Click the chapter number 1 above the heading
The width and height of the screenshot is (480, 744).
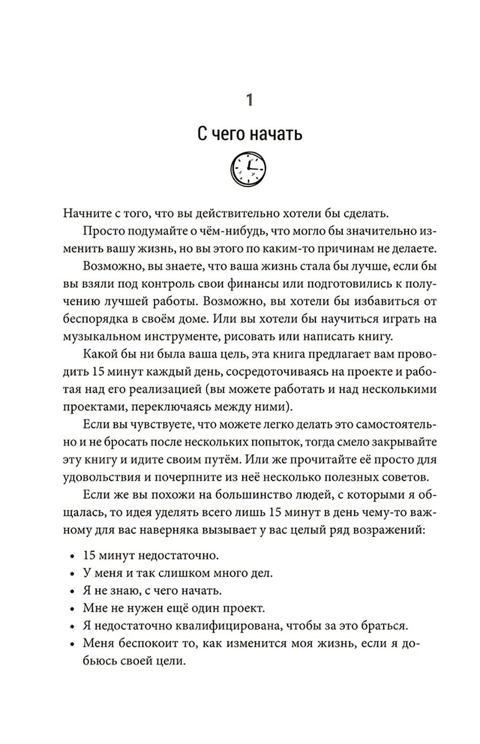[x=249, y=100]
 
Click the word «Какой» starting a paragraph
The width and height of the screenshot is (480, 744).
[x=97, y=354]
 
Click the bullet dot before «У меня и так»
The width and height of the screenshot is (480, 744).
[x=72, y=573]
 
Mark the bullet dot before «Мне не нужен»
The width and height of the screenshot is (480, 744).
[x=72, y=609]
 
